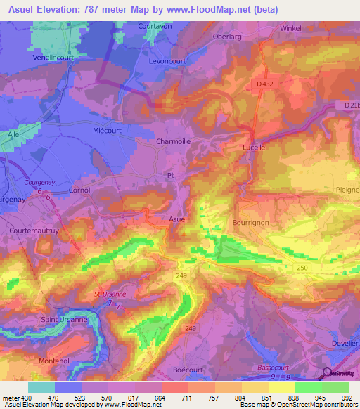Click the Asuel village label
(178, 219)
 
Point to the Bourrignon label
(250, 222)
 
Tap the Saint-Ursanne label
(63, 320)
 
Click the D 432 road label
(265, 84)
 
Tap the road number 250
(303, 268)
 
